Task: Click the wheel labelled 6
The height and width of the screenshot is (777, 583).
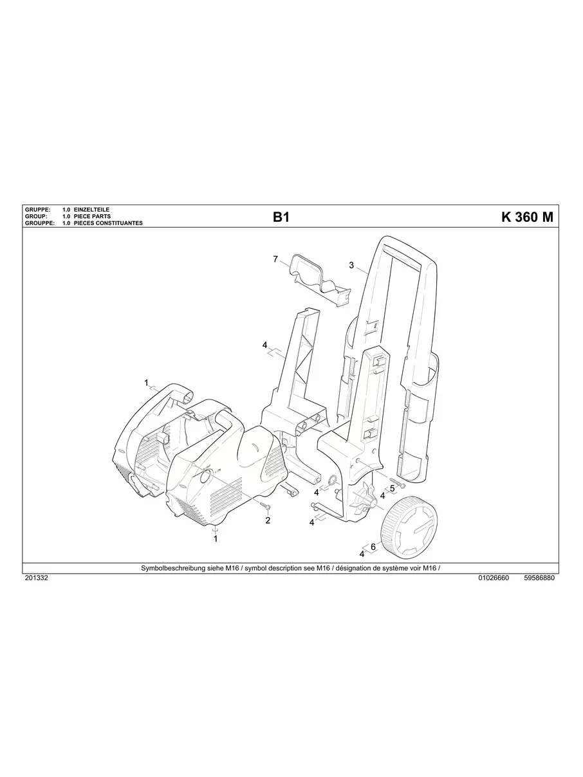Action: [411, 528]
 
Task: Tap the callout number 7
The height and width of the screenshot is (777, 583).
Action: [275, 259]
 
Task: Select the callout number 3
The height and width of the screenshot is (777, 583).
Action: [351, 265]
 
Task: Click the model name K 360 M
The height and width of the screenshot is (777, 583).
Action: [526, 217]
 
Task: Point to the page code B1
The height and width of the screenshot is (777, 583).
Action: [281, 217]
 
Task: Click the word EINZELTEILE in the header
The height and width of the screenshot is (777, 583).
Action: [93, 210]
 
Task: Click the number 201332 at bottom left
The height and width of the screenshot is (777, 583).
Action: [36, 578]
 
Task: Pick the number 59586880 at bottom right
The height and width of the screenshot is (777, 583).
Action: [539, 578]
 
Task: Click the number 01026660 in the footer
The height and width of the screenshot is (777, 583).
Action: [494, 578]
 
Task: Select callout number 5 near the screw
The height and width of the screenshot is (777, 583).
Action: [393, 488]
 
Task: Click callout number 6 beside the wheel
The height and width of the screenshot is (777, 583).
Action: [373, 547]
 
